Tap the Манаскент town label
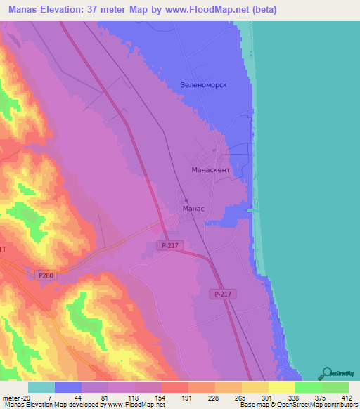(x=211, y=170)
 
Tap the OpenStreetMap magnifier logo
(x=326, y=373)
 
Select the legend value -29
(x=26, y=397)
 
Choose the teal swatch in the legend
(x=41, y=387)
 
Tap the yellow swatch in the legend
(x=281, y=387)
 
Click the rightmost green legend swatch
(x=335, y=387)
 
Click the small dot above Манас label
(x=186, y=200)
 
